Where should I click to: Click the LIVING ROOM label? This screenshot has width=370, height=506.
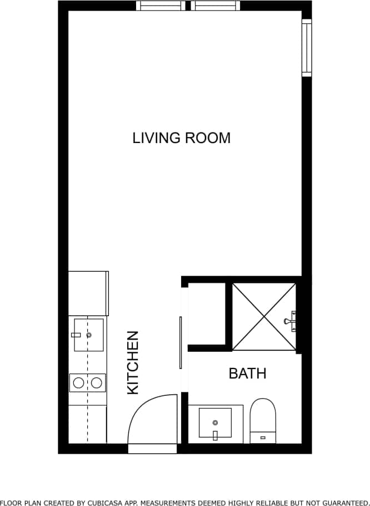(x=181, y=138)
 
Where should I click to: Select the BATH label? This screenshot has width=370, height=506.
(x=247, y=373)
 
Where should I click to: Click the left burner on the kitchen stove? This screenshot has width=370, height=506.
(x=79, y=382)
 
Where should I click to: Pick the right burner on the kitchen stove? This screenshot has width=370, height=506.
(x=97, y=382)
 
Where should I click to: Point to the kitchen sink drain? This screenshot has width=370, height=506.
(x=89, y=335)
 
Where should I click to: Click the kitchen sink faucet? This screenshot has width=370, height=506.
(x=77, y=335)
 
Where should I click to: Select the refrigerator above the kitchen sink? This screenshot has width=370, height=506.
(x=88, y=293)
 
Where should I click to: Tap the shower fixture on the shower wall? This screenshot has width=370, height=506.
(x=289, y=321)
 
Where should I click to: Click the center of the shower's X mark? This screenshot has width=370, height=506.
(x=264, y=316)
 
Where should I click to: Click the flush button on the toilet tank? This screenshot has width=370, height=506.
(x=263, y=438)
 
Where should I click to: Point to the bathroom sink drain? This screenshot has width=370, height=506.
(x=215, y=423)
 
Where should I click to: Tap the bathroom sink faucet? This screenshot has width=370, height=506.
(x=215, y=435)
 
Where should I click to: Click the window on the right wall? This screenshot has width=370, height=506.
(x=307, y=48)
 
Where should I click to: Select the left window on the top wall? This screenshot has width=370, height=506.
(x=160, y=6)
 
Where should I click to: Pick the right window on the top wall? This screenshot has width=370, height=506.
(x=216, y=6)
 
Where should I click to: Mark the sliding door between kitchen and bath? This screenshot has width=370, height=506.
(x=181, y=342)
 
